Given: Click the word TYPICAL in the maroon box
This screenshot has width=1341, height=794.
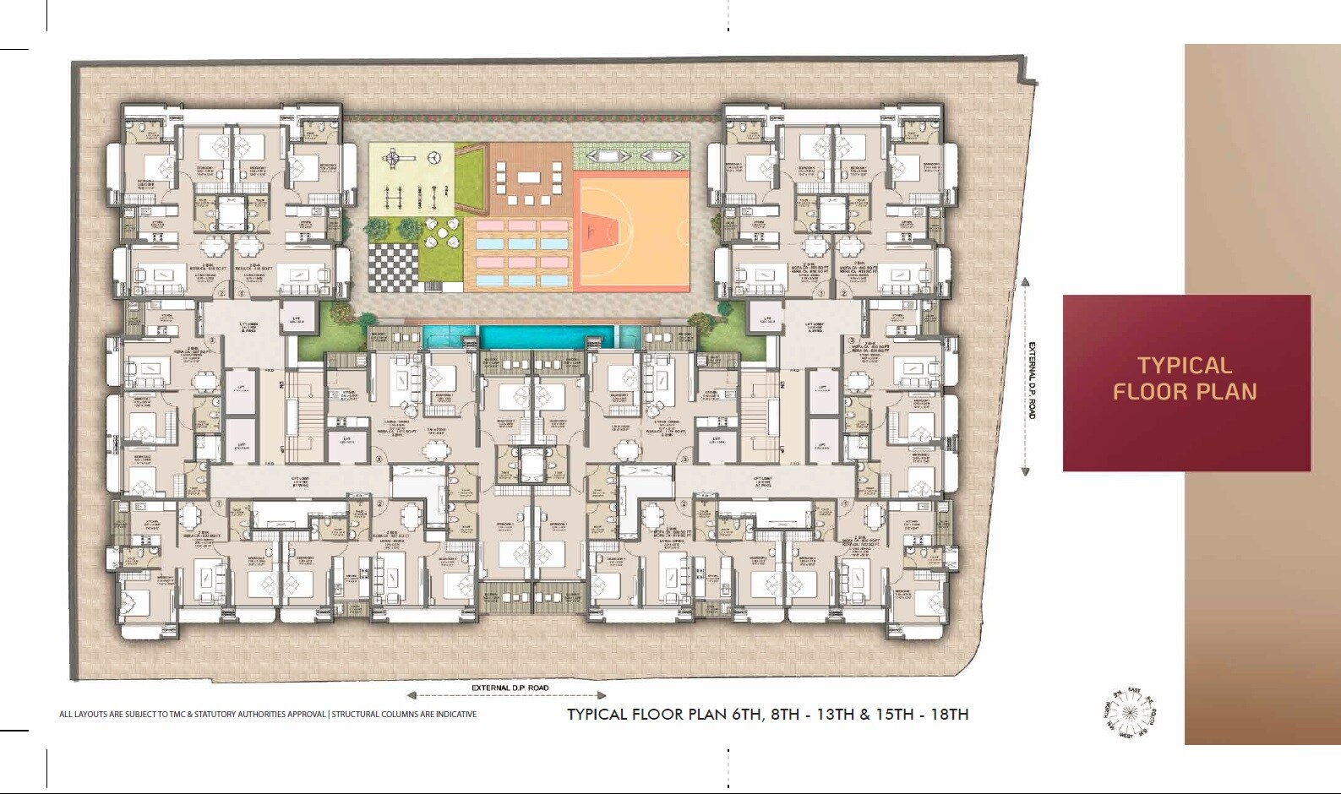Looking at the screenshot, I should tap(1184, 366).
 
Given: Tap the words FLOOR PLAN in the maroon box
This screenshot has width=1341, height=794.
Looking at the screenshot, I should tap(1184, 392).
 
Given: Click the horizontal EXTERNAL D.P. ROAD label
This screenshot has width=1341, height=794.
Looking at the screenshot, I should tap(510, 688).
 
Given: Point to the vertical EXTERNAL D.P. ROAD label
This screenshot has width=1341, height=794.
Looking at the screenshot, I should tap(1031, 379).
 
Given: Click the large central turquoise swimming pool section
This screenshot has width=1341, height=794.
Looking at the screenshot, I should tap(539, 338).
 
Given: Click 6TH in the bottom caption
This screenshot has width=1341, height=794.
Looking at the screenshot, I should tap(746, 714).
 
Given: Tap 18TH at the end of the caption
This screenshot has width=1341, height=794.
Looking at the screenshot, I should tap(949, 714).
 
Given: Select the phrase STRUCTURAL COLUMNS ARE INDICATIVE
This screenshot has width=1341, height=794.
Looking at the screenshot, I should tap(404, 715).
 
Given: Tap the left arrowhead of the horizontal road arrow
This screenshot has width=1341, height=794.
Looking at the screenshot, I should tap(412, 696).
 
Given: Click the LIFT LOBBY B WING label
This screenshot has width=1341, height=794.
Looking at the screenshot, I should tap(248, 326).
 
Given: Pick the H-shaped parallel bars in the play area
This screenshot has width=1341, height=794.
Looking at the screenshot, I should tap(393, 194).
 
